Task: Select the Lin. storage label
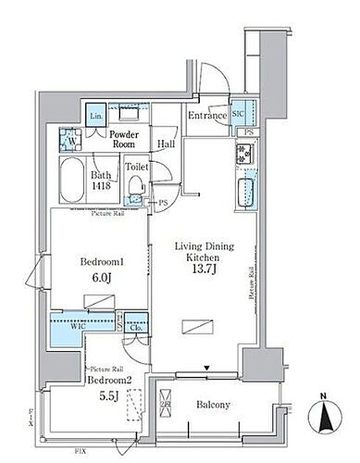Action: click(97, 116)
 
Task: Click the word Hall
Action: click(167, 144)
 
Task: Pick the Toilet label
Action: click(137, 169)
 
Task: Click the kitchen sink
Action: click(246, 195)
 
